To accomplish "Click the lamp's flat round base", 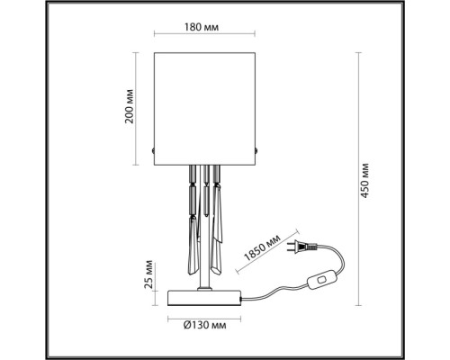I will [x=206, y=296].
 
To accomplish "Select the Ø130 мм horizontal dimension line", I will [x=206, y=315].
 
